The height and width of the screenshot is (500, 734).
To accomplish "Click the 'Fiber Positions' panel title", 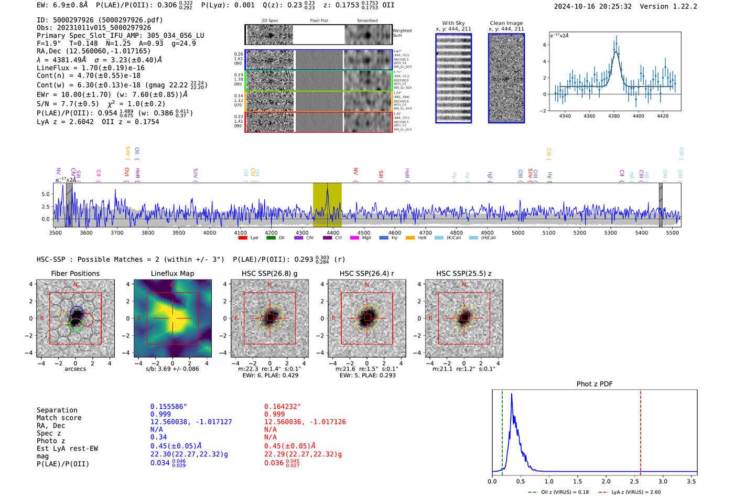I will click(x=75, y=273).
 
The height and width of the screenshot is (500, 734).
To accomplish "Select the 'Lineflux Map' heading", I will click(x=172, y=273).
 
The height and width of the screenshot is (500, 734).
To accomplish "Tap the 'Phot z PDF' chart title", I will click(x=595, y=384).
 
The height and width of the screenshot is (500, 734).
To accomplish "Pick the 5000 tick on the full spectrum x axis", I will click(x=518, y=233).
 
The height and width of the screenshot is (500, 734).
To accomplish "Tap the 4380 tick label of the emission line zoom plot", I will click(x=613, y=116).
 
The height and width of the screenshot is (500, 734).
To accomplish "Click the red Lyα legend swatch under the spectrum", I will click(x=243, y=238).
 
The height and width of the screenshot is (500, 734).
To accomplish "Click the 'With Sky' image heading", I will click(x=454, y=23).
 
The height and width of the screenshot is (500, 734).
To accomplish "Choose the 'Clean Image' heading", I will click(x=506, y=23).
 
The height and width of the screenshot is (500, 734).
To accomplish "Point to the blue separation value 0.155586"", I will click(x=168, y=407).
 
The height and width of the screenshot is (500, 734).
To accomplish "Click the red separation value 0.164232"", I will click(x=283, y=407).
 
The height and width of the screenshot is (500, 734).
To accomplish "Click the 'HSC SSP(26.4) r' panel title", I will click(x=366, y=273).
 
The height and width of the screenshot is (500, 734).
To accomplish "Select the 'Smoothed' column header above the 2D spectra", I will click(x=367, y=21).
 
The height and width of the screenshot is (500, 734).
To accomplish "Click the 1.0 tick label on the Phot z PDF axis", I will click(x=549, y=481).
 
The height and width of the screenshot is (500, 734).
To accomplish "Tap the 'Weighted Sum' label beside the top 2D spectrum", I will click(x=402, y=33).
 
